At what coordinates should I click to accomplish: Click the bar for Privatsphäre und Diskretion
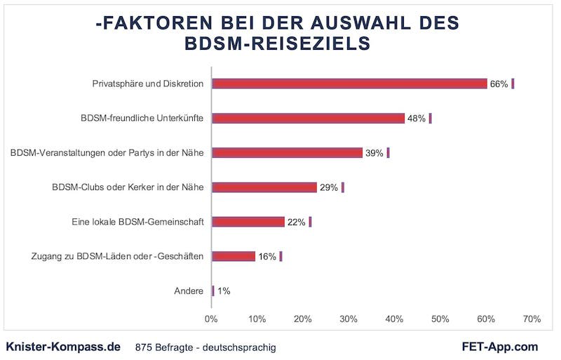tap(349, 84)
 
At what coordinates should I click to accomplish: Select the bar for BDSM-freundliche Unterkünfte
tap(308, 118)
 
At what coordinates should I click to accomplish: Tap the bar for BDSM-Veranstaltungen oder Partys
tap(287, 152)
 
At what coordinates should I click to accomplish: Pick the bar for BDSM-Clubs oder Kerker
tap(264, 187)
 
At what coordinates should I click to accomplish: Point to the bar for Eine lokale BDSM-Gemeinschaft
tap(248, 222)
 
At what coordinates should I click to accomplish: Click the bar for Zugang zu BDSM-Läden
tap(234, 256)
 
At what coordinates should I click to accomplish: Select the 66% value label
tap(499, 84)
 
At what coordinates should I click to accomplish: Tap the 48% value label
tap(417, 119)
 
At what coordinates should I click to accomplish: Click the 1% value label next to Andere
tap(224, 291)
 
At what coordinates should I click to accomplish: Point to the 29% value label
tap(329, 187)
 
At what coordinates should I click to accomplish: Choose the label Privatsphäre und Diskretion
tap(148, 84)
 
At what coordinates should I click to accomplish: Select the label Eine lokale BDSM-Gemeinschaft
tap(137, 222)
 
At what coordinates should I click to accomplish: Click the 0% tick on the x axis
tap(211, 319)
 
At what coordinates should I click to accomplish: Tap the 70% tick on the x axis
tap(532, 319)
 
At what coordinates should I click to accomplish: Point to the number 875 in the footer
tap(143, 347)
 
